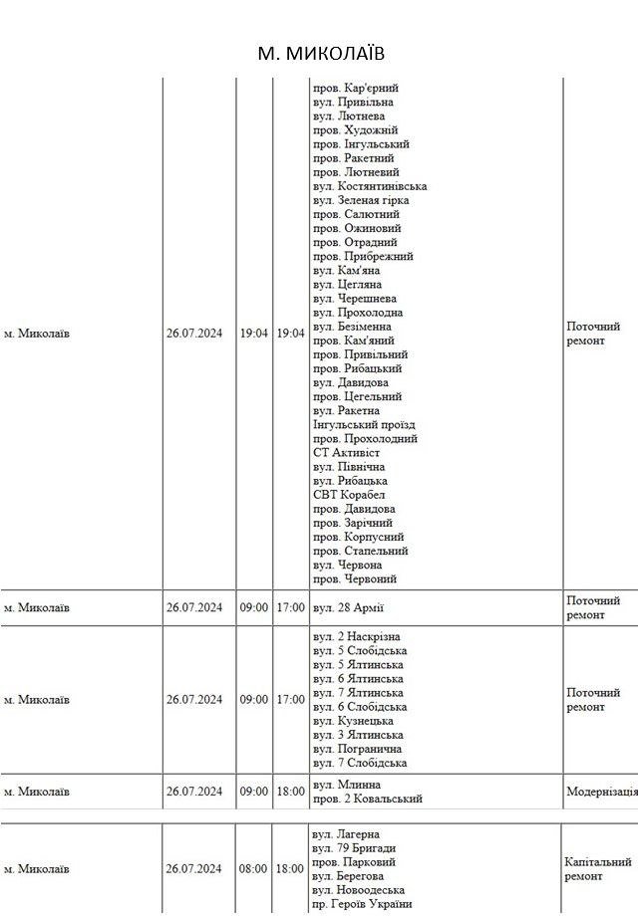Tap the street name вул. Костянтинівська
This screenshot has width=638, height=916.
click(370, 186)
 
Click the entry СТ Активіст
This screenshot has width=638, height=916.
click(346, 452)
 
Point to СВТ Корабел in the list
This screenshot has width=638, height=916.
click(349, 495)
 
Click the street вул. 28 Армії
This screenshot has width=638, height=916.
click(348, 607)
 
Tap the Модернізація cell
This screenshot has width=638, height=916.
click(600, 792)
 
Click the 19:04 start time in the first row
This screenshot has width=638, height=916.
click(254, 334)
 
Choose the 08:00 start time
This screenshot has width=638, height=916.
click(253, 869)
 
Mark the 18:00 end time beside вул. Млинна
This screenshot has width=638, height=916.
click(290, 792)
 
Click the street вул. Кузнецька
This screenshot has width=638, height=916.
click(353, 721)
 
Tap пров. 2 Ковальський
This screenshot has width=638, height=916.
click(367, 799)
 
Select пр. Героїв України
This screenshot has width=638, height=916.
click(362, 904)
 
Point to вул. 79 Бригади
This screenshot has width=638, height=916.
click(354, 848)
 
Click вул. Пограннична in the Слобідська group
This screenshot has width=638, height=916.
click(359, 749)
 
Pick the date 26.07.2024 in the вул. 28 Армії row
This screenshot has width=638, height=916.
click(194, 607)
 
